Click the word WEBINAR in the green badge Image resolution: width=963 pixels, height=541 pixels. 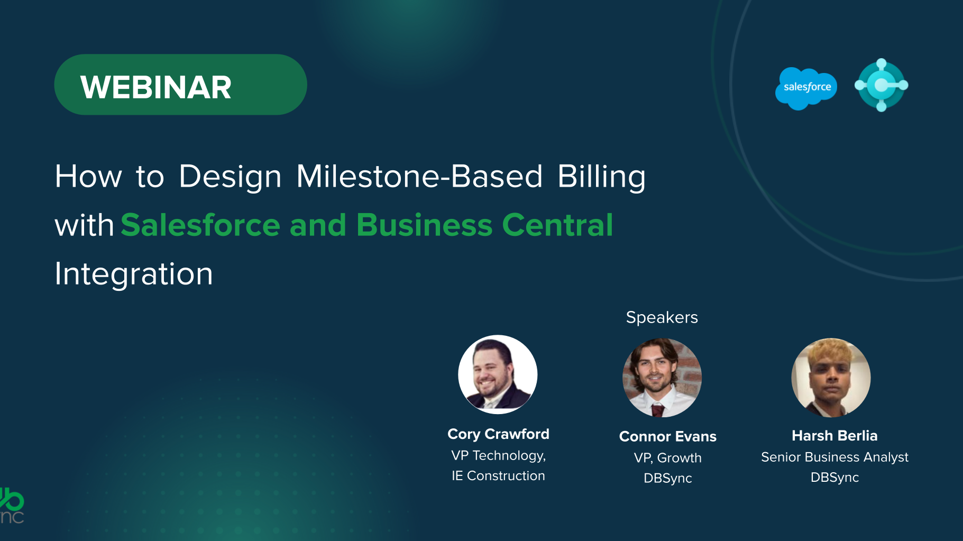point(156,87)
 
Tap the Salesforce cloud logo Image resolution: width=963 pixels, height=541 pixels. point(806,88)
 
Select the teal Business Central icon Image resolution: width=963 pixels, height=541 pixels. point(881,85)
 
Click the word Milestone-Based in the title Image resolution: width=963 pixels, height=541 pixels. point(419,176)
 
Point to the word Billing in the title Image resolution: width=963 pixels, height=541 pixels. point(602,177)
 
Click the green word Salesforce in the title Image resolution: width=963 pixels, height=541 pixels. point(200,225)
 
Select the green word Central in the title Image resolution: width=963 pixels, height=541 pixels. point(557,225)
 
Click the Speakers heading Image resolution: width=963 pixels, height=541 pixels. point(662,317)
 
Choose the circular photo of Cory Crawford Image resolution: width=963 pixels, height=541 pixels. point(498,374)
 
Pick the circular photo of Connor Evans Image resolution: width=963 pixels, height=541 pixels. point(662,378)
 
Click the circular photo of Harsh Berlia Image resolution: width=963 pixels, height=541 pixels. point(831,378)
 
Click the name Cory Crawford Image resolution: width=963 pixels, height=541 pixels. point(498,434)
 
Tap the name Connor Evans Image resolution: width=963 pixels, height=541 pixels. point(668,436)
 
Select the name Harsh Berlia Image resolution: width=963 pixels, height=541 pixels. point(834,436)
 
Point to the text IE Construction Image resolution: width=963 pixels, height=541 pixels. point(498,476)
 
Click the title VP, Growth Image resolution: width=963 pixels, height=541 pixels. point(668,458)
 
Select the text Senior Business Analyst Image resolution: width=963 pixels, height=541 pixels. point(834,457)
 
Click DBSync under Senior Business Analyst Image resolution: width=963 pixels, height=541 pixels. point(834,478)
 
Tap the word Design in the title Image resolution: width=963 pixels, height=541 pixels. point(230,177)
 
